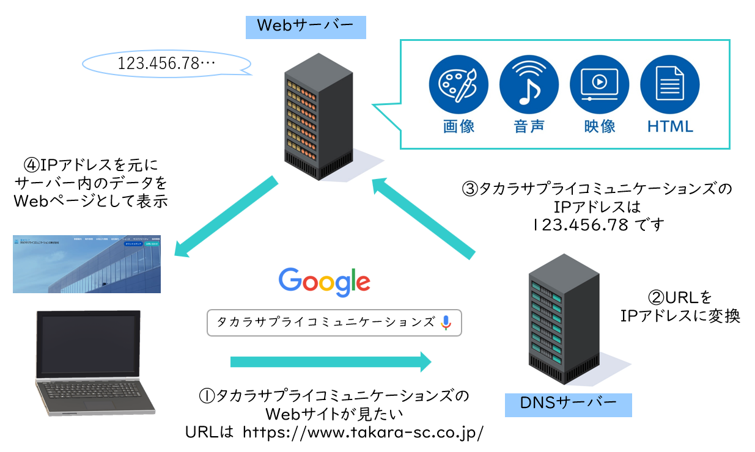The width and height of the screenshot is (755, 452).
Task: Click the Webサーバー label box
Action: pyautogui.click(x=305, y=26)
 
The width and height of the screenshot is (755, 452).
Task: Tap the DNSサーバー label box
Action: pyautogui.click(x=568, y=404)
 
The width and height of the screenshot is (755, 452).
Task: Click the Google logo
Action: pyautogui.click(x=324, y=282)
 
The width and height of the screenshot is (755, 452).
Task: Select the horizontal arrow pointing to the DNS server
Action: pyautogui.click(x=330, y=362)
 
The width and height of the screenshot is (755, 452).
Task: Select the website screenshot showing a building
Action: pyautogui.click(x=87, y=264)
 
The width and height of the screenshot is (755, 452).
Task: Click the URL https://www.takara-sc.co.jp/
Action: pyautogui.click(x=363, y=432)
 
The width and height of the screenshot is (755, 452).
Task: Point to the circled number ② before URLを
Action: pyautogui.click(x=655, y=297)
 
